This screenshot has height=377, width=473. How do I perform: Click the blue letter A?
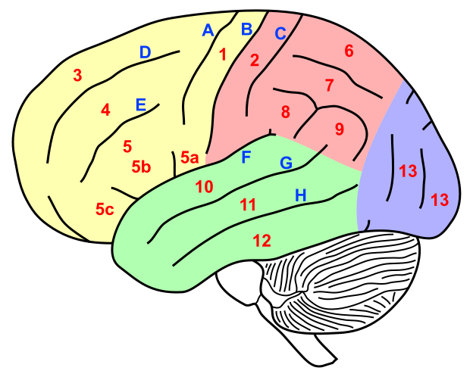coord(208,31)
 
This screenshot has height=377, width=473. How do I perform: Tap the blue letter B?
coord(246,30)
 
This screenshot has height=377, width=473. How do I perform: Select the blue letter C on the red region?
coord(280,34)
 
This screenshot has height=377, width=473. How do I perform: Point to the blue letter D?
coord(145,53)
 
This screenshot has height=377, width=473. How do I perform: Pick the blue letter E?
coord(140,105)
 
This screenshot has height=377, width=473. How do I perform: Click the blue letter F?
coord(246,157)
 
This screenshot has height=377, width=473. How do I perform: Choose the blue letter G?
coord(286,163)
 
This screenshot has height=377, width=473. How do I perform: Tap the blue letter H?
coord(301,195)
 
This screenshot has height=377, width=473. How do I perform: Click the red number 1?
coord(222,55)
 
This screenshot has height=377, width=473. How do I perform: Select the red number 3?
coord(77,75)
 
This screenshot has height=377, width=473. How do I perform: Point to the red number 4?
coord(105,110)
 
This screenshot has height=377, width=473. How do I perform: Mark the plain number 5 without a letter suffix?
coord(127,147)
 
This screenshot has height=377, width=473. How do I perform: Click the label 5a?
coord(190,158)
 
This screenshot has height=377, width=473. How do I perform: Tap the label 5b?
coord(141,167)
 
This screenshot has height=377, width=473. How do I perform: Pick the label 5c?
coord(105,209)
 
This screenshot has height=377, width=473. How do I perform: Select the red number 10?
coord(204,187)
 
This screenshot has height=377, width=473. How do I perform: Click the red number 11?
coord(248,204)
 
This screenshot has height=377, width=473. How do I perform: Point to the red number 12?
coord(262,241)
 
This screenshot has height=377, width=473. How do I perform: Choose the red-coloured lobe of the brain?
coord(326,83)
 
